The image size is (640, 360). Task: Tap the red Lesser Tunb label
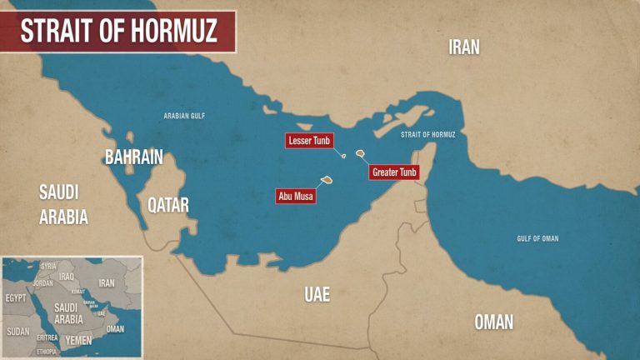310,141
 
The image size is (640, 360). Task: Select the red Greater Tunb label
394,172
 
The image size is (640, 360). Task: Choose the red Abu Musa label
296,197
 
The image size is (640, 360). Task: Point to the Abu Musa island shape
327,179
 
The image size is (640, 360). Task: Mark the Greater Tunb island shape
360,153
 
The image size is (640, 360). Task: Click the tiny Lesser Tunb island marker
343,155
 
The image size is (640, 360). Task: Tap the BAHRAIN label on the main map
133,157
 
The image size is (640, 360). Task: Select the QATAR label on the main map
168,204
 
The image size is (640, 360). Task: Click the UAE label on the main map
317,294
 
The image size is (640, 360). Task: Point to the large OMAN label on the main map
493,322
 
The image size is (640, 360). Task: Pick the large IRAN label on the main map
464,47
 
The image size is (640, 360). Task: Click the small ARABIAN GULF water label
184,116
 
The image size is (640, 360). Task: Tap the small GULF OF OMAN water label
537,238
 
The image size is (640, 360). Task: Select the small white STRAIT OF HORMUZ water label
427,134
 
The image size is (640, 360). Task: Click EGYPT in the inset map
17,297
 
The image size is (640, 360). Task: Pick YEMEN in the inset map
78,340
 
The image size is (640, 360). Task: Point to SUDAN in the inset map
17,331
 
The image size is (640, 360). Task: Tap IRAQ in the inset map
67,276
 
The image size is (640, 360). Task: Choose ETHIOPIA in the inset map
47,352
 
